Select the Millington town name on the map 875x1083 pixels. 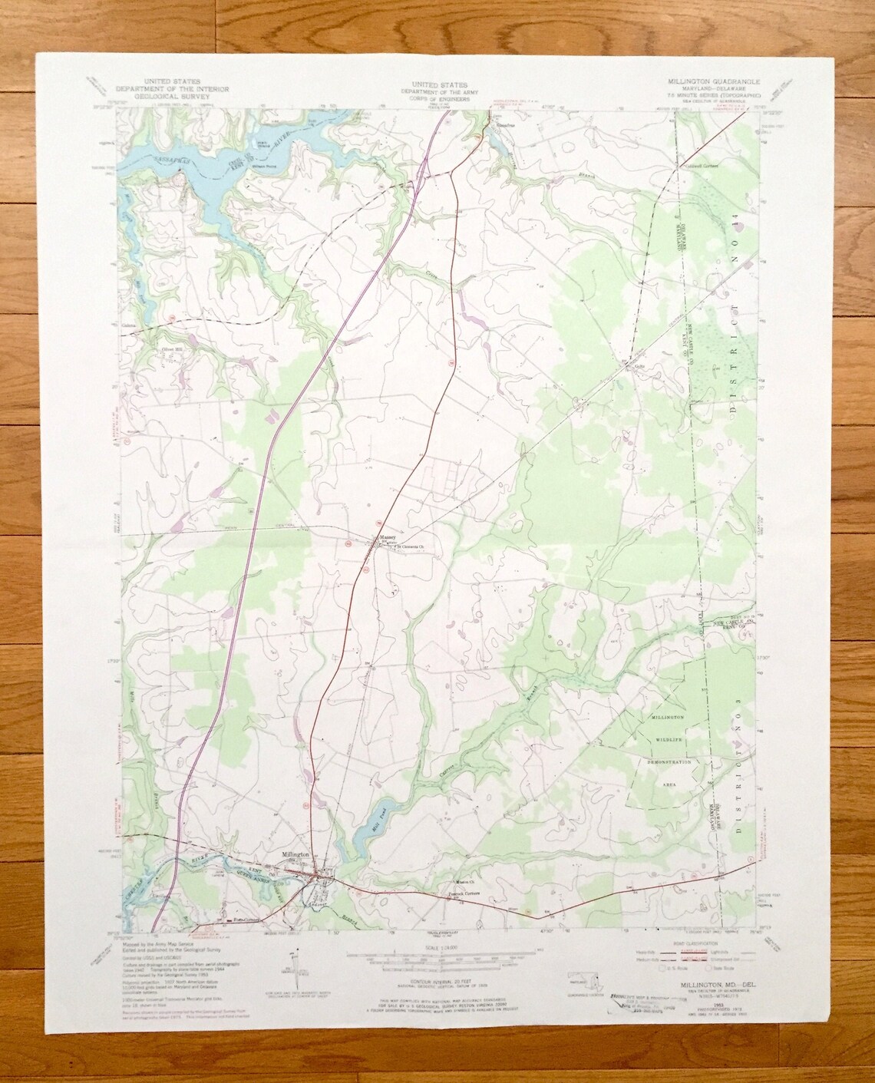click(x=295, y=854)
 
